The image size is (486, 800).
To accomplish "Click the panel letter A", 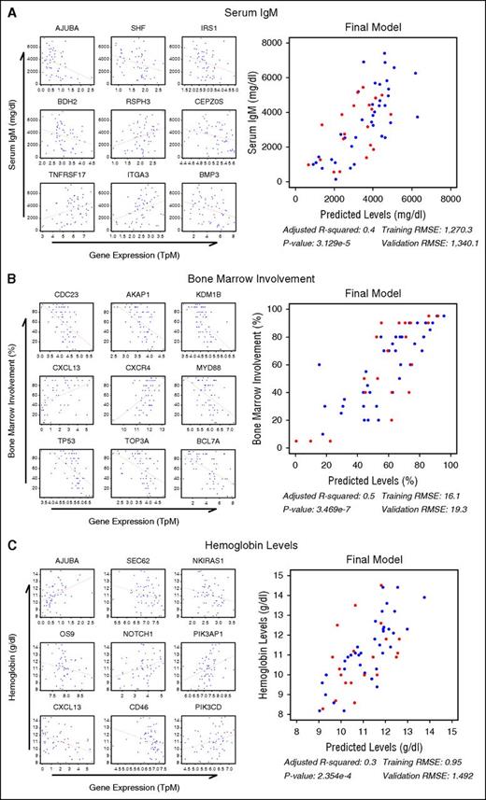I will click(7, 8).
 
